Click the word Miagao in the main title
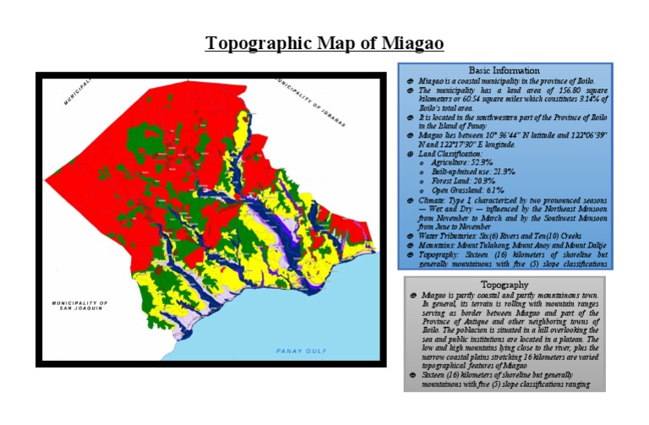click(x=409, y=43)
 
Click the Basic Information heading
click(x=505, y=69)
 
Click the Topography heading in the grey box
click(x=504, y=285)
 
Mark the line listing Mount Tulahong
click(x=501, y=246)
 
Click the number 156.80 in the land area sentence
click(x=553, y=89)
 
